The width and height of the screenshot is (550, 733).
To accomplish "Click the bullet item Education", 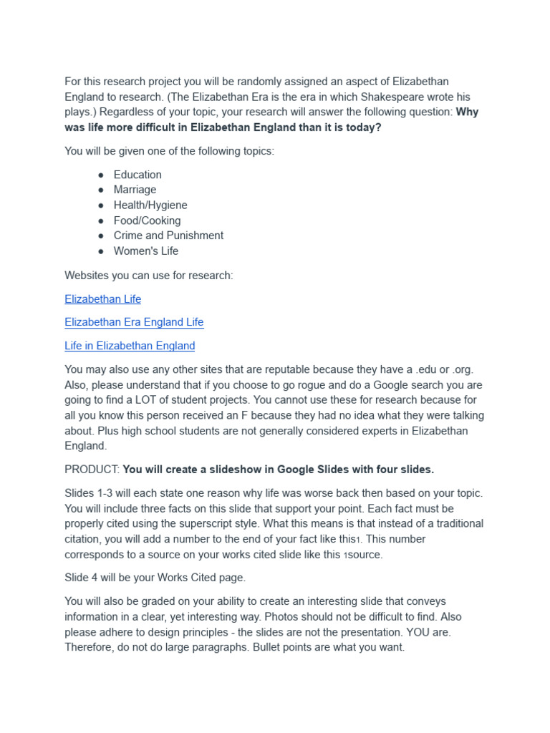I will point(137,175).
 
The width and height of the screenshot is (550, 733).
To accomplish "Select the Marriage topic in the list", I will point(135,190).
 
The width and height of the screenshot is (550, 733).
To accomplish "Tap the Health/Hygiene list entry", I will point(150,205).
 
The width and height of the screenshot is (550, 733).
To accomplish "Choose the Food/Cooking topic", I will point(147,220).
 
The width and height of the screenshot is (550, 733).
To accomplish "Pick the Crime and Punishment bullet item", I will point(168,236).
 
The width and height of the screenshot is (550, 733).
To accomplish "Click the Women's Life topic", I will point(146,251).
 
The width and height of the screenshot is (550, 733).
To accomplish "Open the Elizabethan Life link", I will point(102,299).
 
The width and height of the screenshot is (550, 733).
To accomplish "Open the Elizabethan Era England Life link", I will point(134,322).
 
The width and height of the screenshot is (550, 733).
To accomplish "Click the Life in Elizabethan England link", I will point(130,346).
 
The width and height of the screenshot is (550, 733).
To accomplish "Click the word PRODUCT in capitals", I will point(91,470).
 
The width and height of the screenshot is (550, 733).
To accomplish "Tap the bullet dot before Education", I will point(101,175).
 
